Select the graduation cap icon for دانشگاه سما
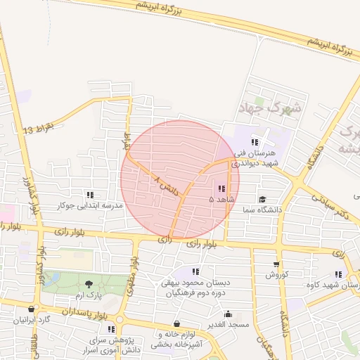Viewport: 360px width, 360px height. (x=262, y=199)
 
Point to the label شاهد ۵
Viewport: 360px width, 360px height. (x=221, y=200)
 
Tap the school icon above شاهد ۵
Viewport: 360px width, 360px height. (x=221, y=188)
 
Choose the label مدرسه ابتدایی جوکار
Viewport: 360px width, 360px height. (x=89, y=206)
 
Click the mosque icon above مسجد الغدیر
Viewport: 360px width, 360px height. (x=228, y=314)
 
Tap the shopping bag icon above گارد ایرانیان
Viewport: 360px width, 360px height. (x=30, y=309)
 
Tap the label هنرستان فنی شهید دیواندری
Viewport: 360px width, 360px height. (x=255, y=157)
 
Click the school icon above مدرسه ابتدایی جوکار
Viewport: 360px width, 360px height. (x=89, y=195)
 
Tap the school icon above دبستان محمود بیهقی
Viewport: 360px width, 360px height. (x=195, y=271)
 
